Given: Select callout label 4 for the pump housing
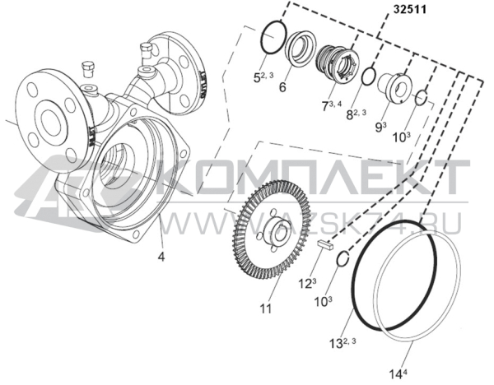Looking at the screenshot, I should coord(162,257).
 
